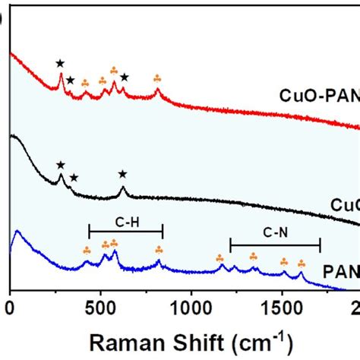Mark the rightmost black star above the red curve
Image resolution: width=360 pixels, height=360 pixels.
[124, 77]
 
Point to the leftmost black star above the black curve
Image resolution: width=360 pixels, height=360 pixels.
[60, 165]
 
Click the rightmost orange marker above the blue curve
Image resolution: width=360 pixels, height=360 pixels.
[302, 263]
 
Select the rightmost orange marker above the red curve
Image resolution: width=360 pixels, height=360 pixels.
[157, 78]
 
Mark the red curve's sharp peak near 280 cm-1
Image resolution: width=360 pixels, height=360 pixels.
[61, 74]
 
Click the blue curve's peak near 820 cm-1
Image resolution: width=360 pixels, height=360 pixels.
[159, 261]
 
